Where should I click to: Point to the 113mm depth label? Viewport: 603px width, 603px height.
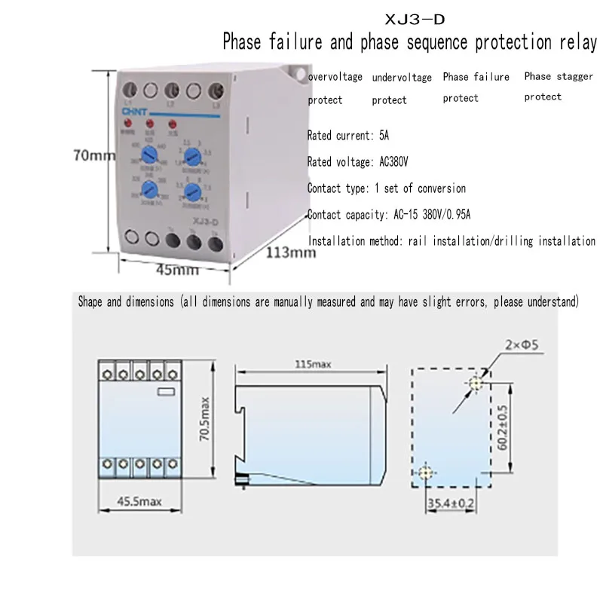pos(290,252)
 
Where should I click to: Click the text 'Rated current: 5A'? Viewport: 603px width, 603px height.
pos(347,136)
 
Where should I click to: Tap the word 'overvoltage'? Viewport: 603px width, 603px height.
pos(335,77)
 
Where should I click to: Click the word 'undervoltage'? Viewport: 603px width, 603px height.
pos(402,78)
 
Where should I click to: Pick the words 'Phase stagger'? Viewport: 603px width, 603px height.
pos(559,76)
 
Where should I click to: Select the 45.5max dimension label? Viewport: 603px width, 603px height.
pos(141,501)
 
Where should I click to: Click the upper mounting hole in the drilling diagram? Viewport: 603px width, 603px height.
pos(476,384)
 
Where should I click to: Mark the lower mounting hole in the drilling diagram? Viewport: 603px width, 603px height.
pos(426,473)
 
